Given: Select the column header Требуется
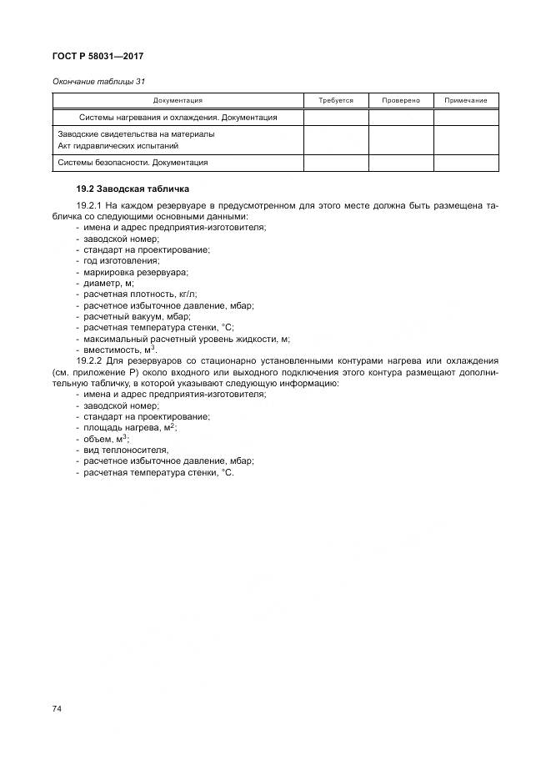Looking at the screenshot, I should (x=336, y=100).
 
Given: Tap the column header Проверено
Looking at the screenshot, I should (x=401, y=100).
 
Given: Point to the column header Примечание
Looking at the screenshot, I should (x=466, y=100).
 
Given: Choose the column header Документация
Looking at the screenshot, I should (x=178, y=100).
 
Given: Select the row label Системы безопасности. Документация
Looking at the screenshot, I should (x=133, y=163).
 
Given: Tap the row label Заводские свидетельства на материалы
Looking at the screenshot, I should (x=136, y=133).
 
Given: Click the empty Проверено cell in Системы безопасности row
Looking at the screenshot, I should (x=401, y=163).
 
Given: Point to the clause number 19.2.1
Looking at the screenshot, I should (x=89, y=204).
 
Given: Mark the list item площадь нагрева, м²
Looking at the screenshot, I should (x=130, y=427).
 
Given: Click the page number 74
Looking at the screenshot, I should (x=58, y=708).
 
